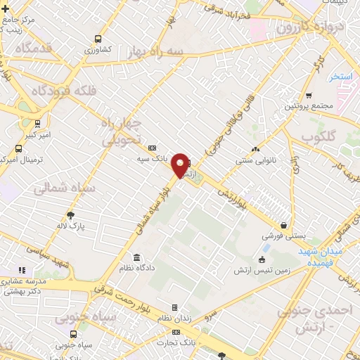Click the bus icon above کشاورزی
tap(97, 39)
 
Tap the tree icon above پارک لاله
tap(70, 216)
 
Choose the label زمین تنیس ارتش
tap(262, 271)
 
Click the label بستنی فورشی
tap(283, 237)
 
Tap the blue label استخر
tap(344, 75)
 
